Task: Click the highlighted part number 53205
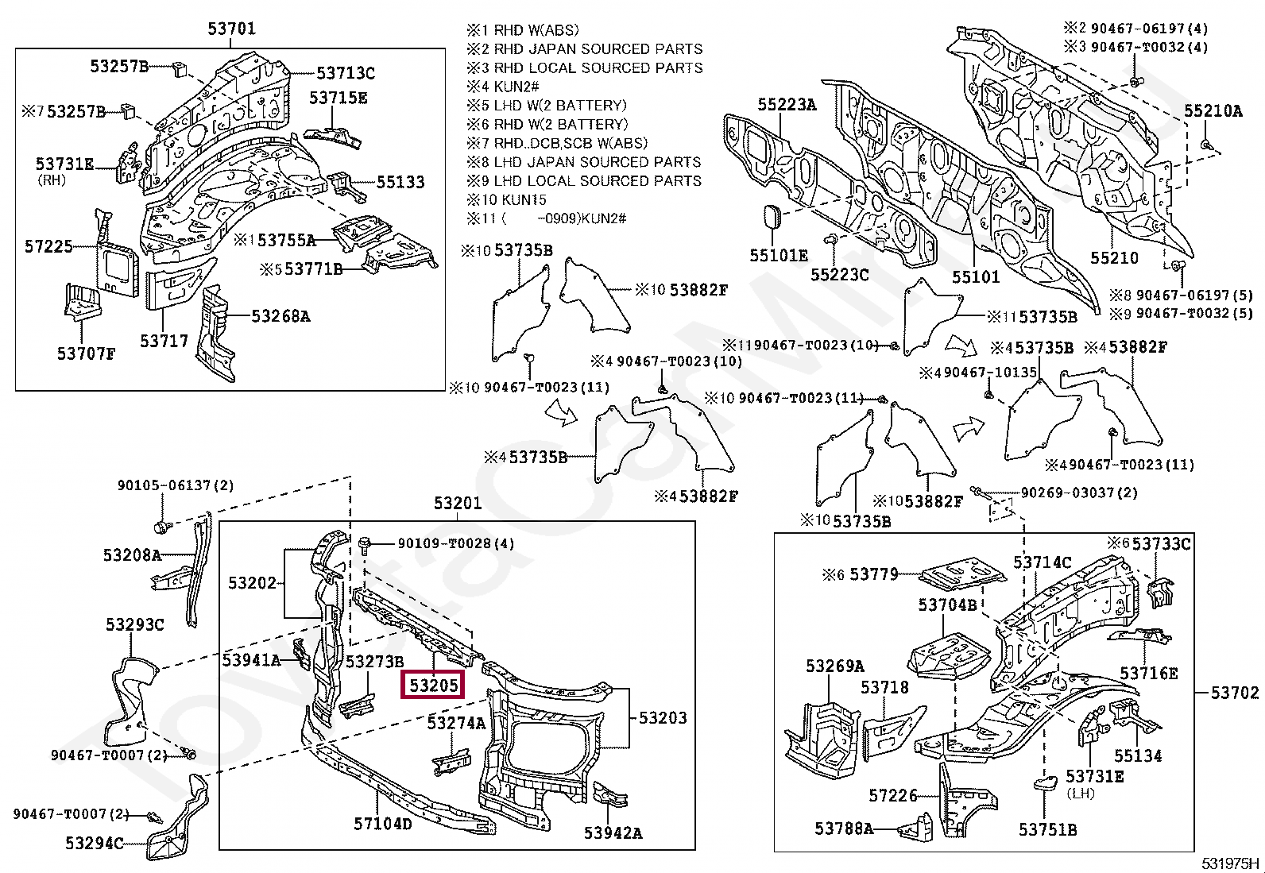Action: pyautogui.click(x=434, y=684)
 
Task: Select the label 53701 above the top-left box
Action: pyautogui.click(x=232, y=29)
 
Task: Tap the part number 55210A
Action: pyautogui.click(x=1213, y=111)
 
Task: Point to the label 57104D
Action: pyautogui.click(x=383, y=824)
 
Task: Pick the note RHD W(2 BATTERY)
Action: pyautogui.click(x=560, y=124)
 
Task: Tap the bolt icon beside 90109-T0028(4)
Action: pyautogui.click(x=365, y=544)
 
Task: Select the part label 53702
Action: pyautogui.click(x=1235, y=693)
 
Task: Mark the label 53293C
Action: pyautogui.click(x=134, y=625)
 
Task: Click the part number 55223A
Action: pyautogui.click(x=787, y=105)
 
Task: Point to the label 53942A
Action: pyautogui.click(x=613, y=832)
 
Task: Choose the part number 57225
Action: pyautogui.click(x=48, y=246)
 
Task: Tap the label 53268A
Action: pyautogui.click(x=280, y=316)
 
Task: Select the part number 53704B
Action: pyautogui.click(x=947, y=605)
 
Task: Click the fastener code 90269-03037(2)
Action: pyautogui.click(x=1078, y=493)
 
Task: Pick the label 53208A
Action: pyautogui.click(x=132, y=554)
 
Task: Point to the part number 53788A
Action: pyautogui.click(x=844, y=829)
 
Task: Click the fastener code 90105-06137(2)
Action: pyautogui.click(x=176, y=485)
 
